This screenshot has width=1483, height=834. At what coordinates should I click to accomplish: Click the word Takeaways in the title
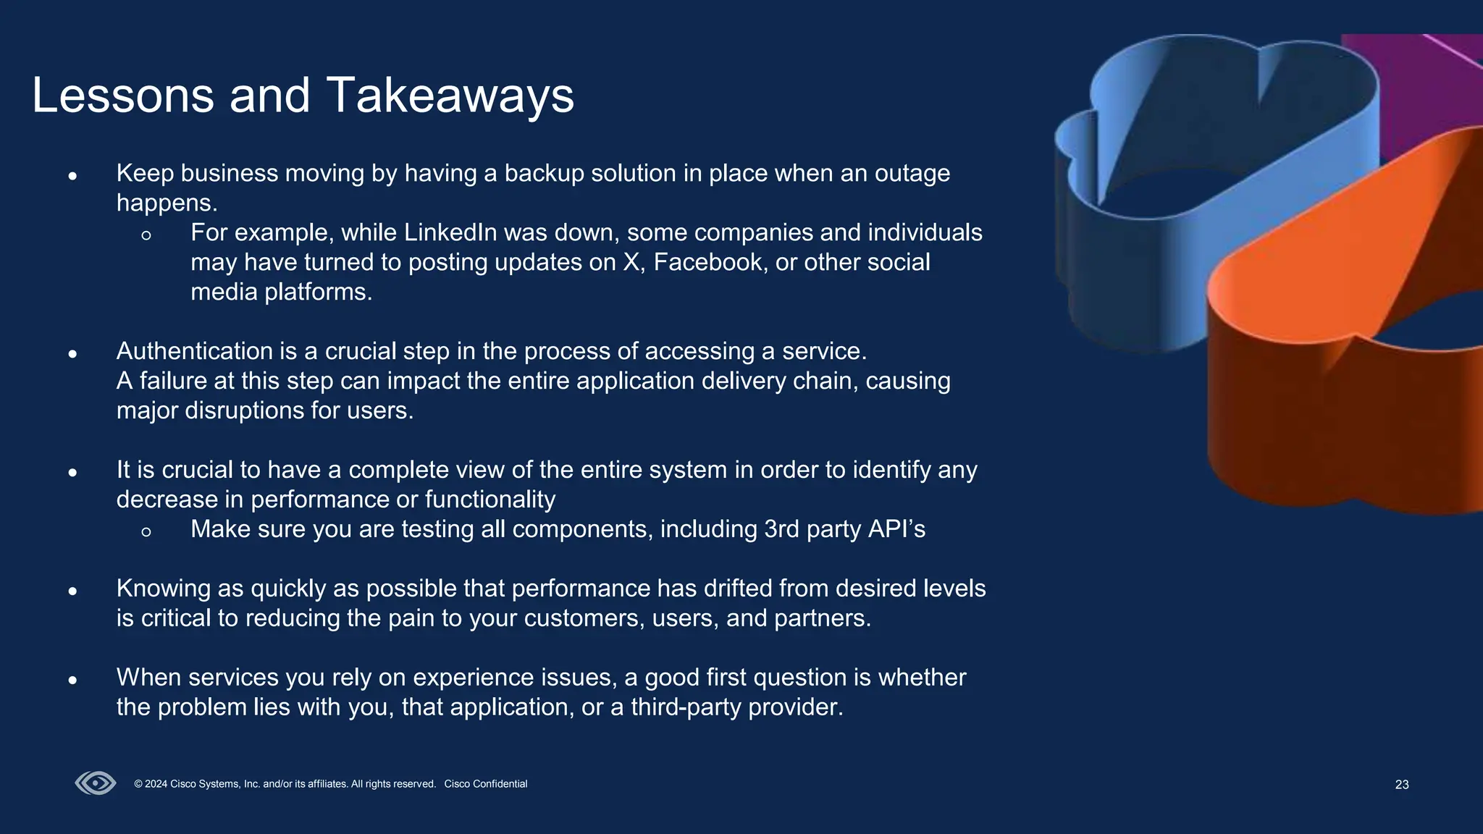click(450, 96)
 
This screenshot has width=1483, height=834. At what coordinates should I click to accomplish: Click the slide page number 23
click(1402, 785)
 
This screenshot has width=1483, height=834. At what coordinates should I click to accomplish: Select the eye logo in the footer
click(96, 783)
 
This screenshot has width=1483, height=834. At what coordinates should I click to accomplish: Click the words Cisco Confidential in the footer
click(485, 784)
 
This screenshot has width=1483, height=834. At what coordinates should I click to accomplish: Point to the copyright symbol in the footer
click(138, 784)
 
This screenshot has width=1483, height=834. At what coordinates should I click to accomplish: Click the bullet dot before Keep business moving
click(72, 175)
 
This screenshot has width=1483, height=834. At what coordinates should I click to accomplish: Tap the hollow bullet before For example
click(146, 235)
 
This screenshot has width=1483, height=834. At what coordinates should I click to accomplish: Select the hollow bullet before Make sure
click(146, 531)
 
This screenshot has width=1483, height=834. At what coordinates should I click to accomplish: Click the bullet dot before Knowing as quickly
click(72, 591)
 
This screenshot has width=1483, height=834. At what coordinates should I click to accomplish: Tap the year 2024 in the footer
click(156, 784)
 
